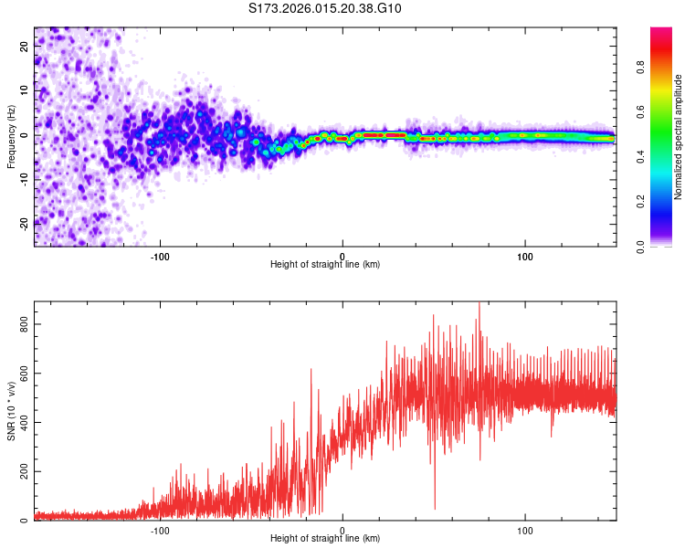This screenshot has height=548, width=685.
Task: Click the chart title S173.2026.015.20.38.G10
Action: coord(326,9)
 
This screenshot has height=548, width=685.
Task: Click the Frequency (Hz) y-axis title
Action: coord(12,136)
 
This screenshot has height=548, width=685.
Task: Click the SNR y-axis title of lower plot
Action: coord(12,411)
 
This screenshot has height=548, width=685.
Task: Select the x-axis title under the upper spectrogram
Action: coord(325,264)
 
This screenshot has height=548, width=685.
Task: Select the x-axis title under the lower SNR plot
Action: coord(325,538)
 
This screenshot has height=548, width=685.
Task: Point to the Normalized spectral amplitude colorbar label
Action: coord(678,137)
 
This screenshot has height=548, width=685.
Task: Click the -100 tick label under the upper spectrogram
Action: coord(161,255)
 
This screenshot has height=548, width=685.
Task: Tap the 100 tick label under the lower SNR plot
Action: coord(525,529)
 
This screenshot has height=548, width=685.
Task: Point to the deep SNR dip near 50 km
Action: coord(435,507)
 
